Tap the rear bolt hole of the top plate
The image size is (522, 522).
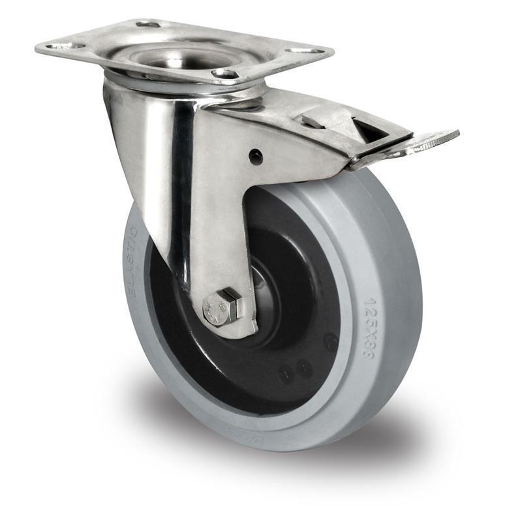click(148, 24)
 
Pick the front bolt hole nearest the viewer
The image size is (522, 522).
click(225, 74)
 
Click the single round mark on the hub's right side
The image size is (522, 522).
click(331, 341)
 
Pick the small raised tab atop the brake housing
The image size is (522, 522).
click(312, 121)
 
